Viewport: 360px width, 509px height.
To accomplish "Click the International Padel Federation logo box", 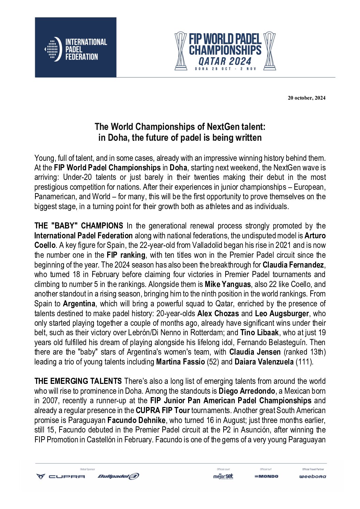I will tap(76, 48).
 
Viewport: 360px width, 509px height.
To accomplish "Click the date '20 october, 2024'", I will tap(306, 98).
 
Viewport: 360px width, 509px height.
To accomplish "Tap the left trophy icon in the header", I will tap(181, 51).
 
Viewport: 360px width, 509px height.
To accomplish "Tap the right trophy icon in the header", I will tap(269, 51).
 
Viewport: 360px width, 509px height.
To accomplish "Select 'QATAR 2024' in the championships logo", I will tap(225, 61).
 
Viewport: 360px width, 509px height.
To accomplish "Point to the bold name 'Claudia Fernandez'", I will tap(294, 265).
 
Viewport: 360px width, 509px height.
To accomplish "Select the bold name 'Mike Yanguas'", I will tap(228, 284).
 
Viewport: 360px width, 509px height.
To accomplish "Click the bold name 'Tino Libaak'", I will tap(260, 333).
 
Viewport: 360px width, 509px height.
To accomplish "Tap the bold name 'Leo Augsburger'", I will tap(282, 313).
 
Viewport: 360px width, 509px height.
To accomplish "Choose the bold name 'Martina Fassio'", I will tap(180, 362).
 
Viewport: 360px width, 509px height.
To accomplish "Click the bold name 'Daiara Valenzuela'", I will tap(264, 362).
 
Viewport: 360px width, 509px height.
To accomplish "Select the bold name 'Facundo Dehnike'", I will tap(136, 420).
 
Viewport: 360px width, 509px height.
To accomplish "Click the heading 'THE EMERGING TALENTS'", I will tap(78, 381).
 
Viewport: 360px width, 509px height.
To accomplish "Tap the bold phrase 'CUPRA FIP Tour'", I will tap(163, 411).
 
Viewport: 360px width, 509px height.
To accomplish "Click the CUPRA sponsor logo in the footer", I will tap(61, 476).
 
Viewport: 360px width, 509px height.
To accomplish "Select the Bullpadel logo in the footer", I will tap(118, 476).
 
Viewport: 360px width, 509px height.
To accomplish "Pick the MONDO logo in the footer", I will tap(266, 476).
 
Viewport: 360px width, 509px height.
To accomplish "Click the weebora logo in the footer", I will tap(312, 476).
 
